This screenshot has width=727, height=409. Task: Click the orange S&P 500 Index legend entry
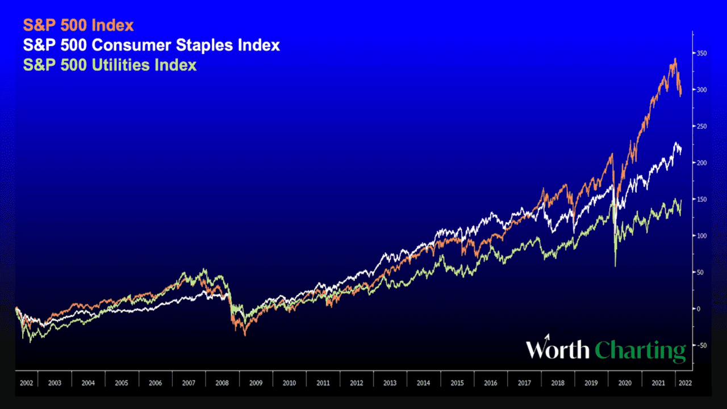[x=78, y=26]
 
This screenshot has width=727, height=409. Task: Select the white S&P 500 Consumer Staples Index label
[x=151, y=45]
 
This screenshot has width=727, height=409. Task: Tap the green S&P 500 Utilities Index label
[x=110, y=65]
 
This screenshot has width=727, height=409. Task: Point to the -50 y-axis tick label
[x=702, y=345]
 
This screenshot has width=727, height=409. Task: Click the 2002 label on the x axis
[x=26, y=383]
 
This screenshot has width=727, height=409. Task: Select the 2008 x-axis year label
[x=222, y=383]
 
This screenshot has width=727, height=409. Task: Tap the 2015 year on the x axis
[x=457, y=383]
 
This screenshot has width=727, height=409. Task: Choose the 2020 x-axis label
[x=625, y=383]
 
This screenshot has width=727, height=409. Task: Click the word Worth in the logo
[x=558, y=349]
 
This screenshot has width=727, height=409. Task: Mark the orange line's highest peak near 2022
[x=675, y=58]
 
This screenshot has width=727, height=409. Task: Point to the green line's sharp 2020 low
[x=615, y=265]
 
